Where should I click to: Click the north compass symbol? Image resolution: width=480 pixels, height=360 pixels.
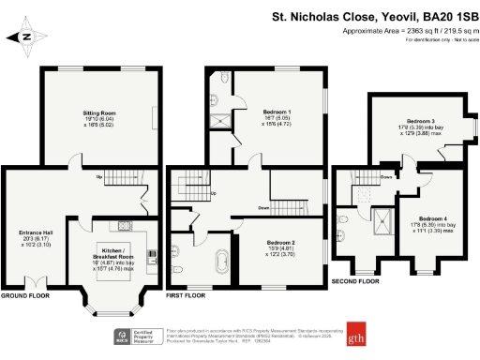(x=25, y=38)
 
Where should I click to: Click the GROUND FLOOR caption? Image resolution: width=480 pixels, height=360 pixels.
(x=26, y=294)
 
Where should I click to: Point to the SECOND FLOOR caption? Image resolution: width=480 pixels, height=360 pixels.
(x=355, y=280)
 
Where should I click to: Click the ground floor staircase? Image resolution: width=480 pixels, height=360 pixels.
(x=121, y=178)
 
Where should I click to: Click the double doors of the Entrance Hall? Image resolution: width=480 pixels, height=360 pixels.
(x=36, y=282)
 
